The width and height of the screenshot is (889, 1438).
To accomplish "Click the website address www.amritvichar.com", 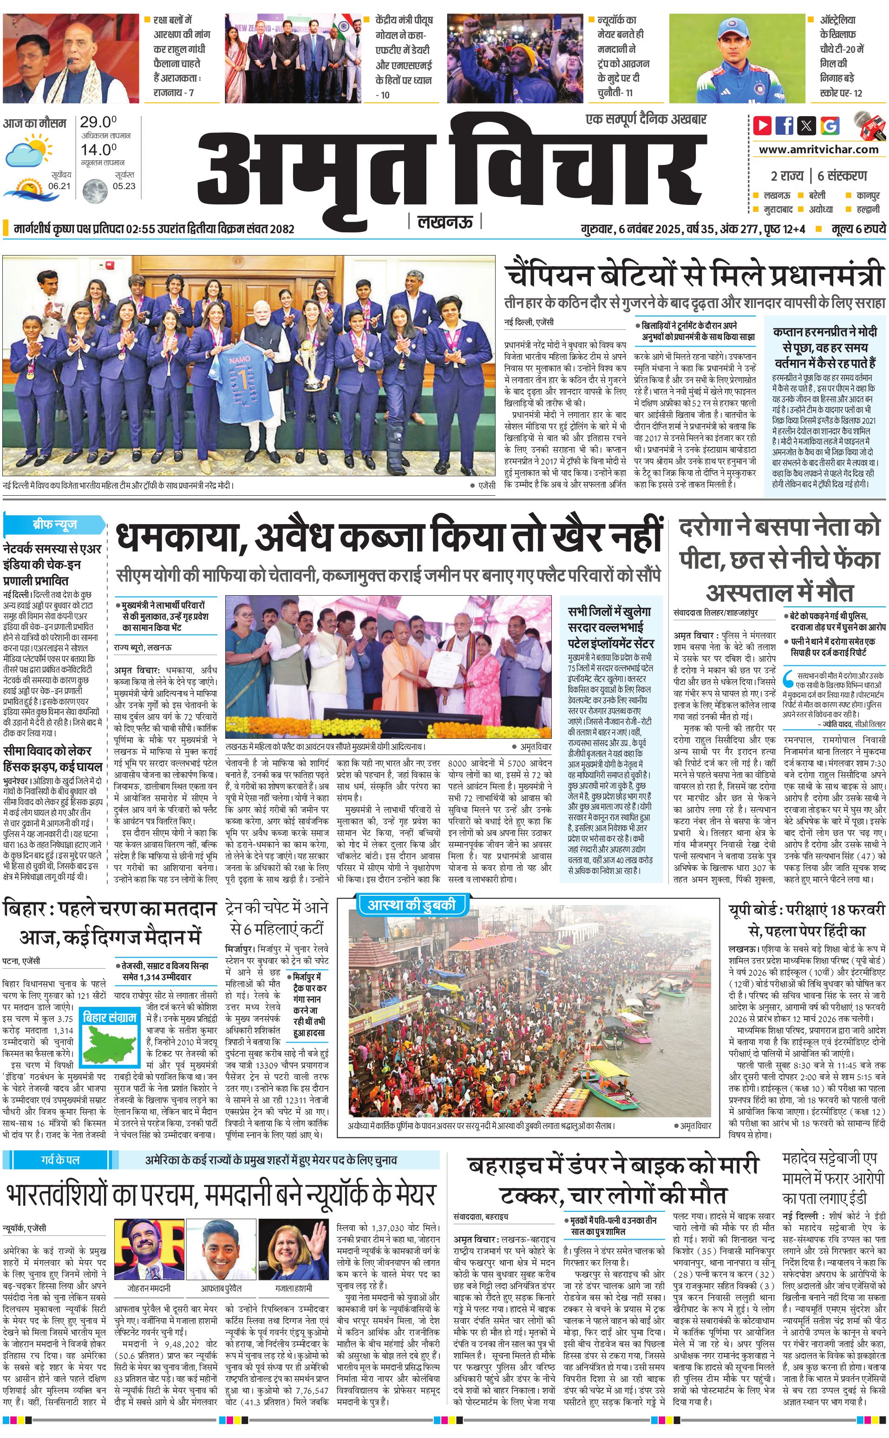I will tap(818, 150).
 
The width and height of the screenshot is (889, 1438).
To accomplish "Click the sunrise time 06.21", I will tap(59, 186).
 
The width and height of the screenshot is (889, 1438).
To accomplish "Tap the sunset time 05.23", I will tap(124, 186).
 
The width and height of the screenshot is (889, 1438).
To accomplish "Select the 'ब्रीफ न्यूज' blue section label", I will tap(55, 524).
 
